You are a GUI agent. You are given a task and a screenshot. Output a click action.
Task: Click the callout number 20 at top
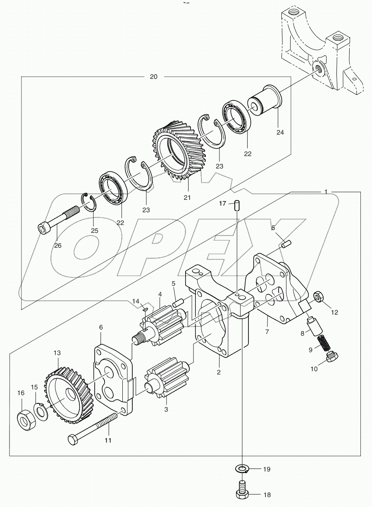154,77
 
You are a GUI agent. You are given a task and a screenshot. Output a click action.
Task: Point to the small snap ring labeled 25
91,202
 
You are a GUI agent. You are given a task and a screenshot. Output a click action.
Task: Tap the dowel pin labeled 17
237,205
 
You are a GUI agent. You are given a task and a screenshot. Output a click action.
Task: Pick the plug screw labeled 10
332,356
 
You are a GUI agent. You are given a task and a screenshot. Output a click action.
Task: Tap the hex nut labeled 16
26,419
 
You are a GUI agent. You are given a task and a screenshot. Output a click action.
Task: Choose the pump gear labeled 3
165,380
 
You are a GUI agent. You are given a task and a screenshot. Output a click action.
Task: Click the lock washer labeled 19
241,469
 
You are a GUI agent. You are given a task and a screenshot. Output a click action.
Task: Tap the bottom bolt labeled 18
241,489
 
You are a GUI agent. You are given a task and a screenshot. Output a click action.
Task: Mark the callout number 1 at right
326,192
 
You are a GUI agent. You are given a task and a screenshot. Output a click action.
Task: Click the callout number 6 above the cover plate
100,327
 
